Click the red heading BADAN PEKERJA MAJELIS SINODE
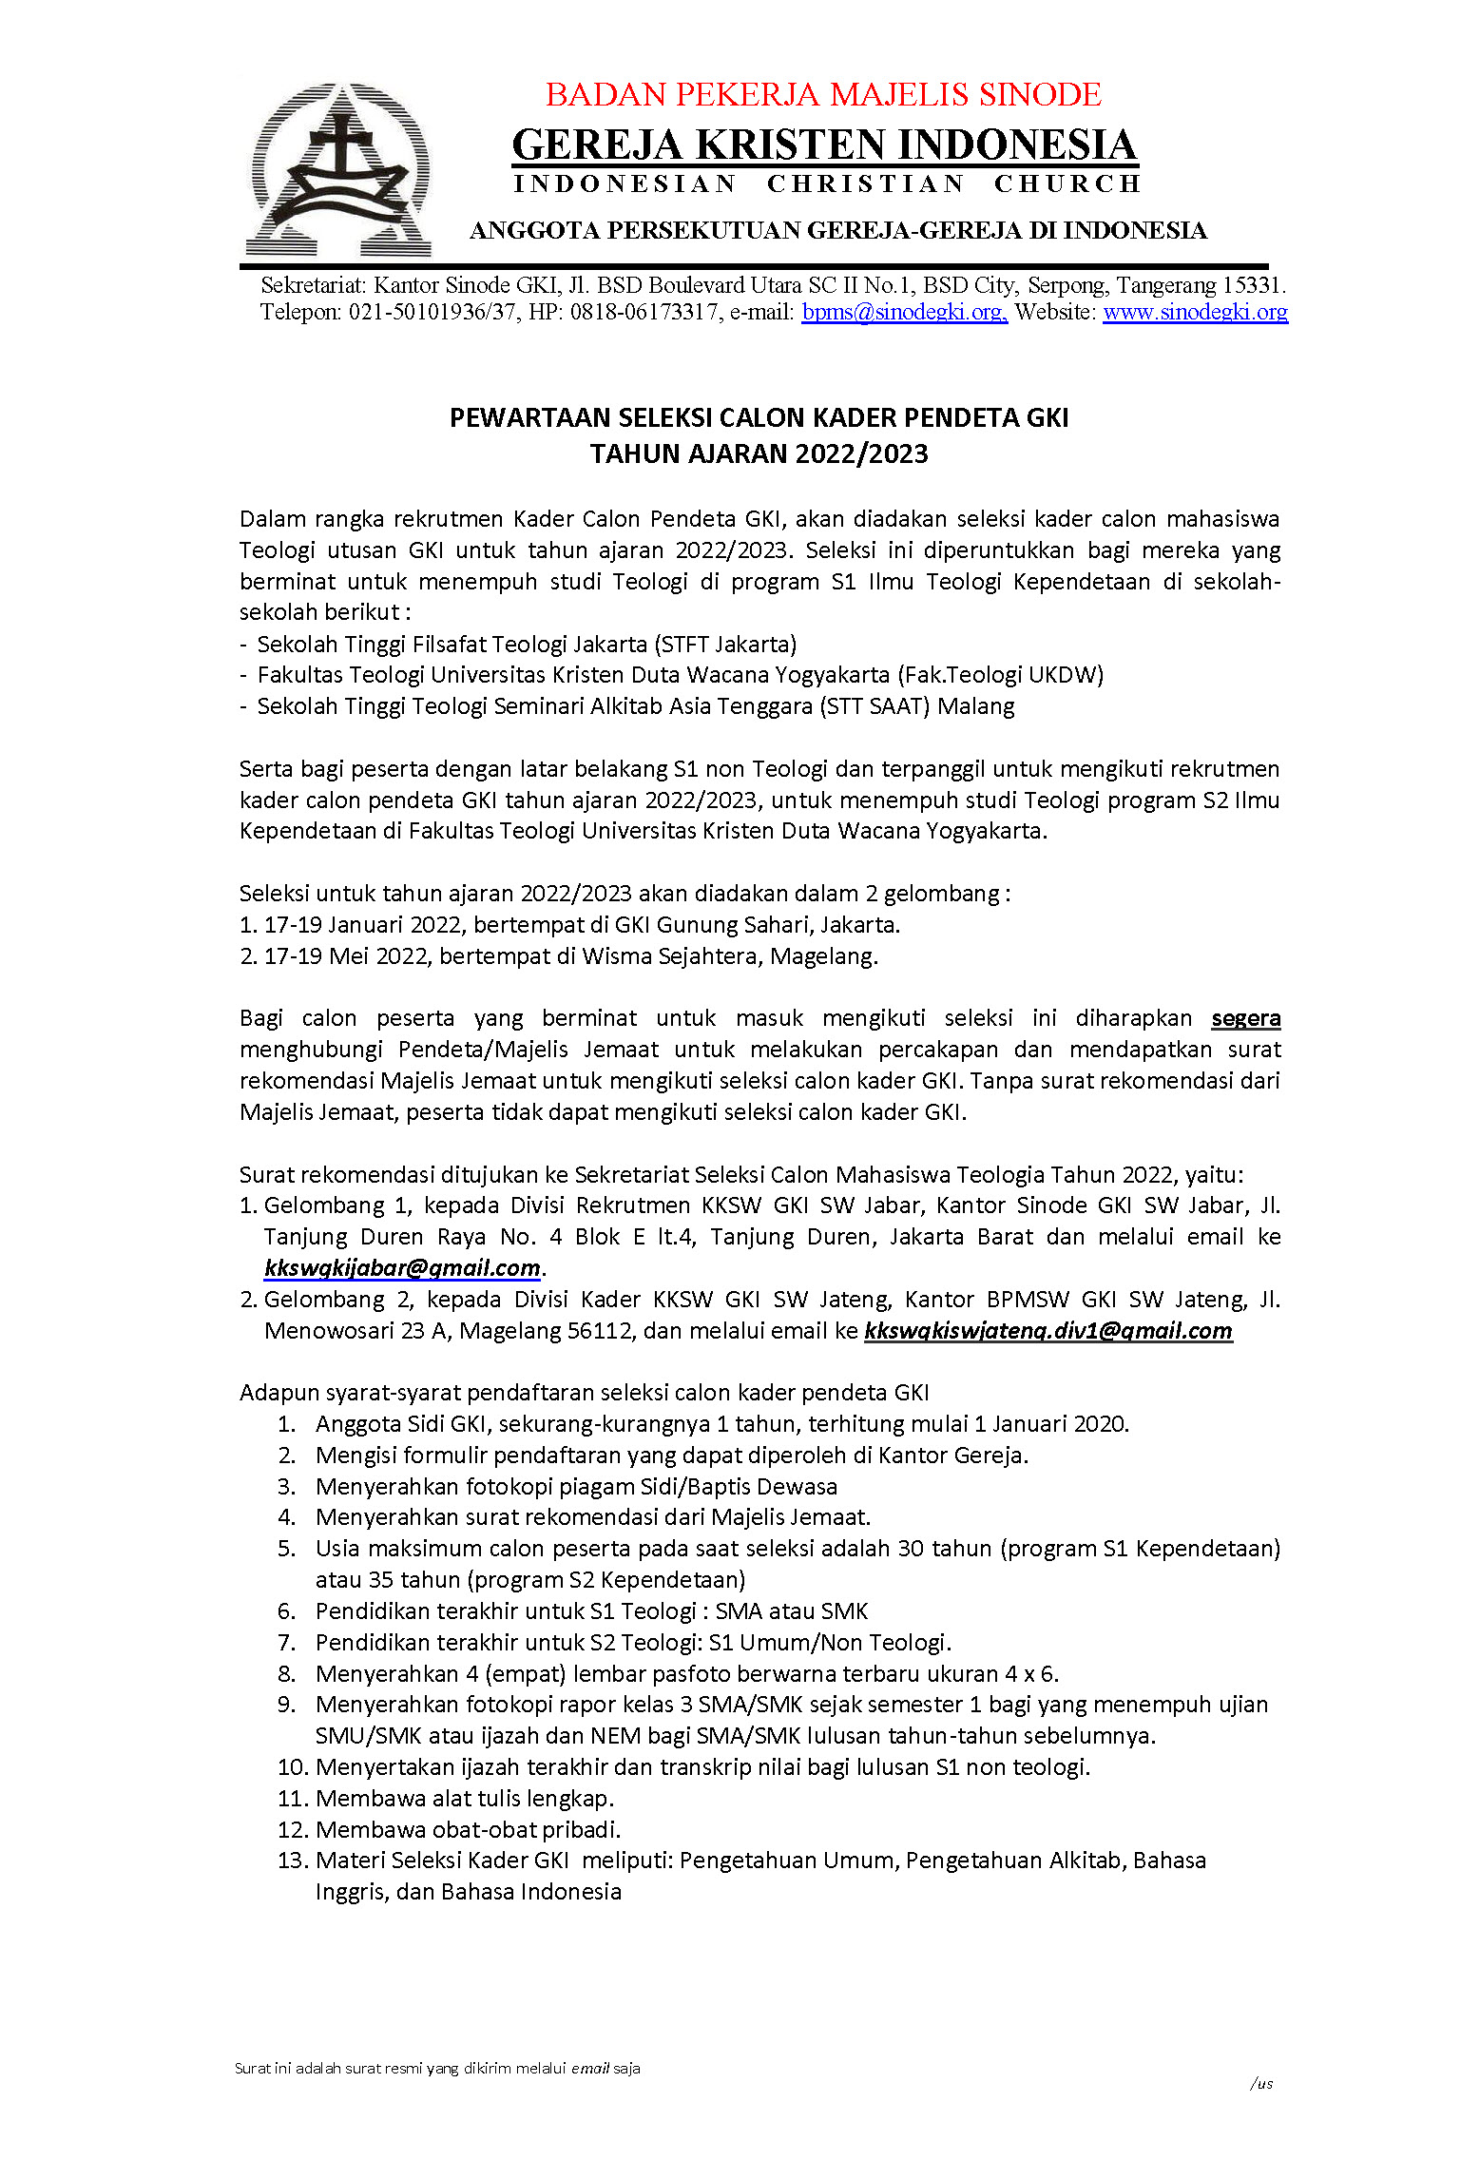[823, 95]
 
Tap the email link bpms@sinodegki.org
[903, 312]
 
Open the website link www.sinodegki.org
[1195, 312]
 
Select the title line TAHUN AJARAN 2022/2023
[759, 453]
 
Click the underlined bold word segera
[1245, 1018]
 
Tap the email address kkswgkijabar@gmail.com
[402, 1267]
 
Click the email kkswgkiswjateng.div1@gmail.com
[1048, 1330]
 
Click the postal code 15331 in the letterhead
[1252, 285]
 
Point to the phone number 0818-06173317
[644, 312]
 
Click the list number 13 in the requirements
[291, 1861]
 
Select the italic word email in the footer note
[590, 2068]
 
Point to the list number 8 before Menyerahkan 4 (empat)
[287, 1673]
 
